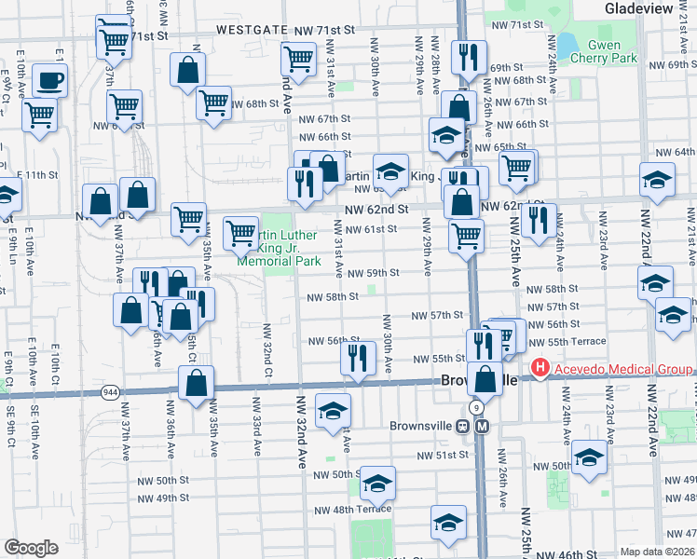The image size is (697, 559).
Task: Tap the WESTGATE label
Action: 247,30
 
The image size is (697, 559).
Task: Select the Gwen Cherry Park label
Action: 610,51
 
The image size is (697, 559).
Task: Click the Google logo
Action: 31,547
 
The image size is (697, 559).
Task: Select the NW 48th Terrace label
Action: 352,510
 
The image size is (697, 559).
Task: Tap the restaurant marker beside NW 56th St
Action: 358,357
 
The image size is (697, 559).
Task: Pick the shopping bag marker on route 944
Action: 196,382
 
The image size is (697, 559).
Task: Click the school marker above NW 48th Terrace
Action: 377,483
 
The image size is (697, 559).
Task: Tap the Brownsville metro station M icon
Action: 482,426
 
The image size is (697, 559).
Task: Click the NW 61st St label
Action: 372,229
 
